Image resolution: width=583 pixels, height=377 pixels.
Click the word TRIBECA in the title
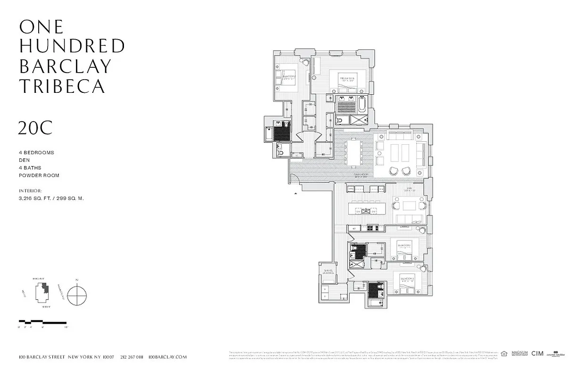62,86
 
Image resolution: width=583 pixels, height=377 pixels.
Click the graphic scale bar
42,322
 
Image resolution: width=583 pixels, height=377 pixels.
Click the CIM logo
537,353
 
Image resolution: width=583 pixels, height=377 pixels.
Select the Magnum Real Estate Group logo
519,353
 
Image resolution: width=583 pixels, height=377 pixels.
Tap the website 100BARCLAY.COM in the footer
167,357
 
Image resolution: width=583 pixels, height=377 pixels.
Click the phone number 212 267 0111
131,357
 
